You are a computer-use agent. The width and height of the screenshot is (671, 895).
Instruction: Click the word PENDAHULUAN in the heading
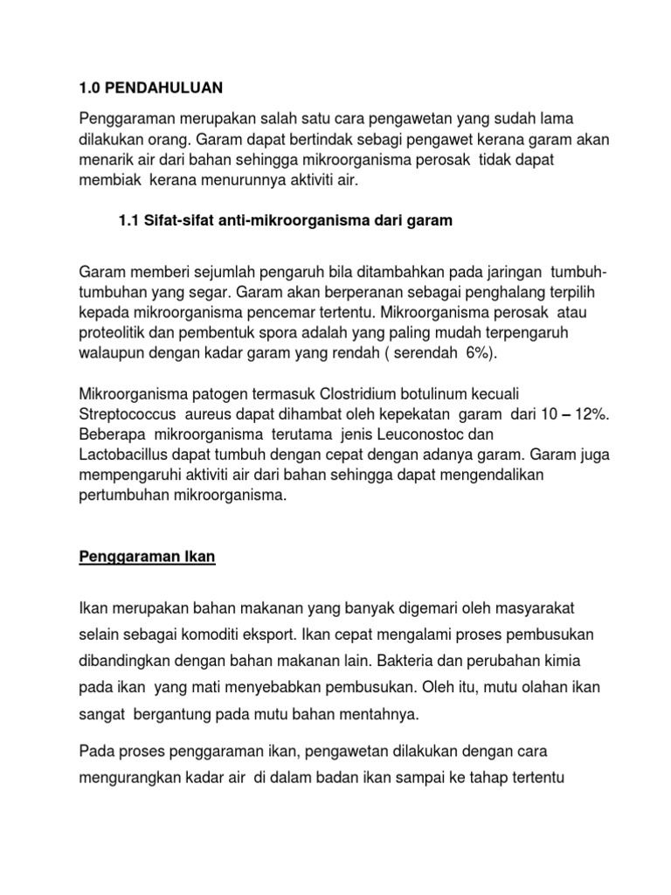click(x=163, y=87)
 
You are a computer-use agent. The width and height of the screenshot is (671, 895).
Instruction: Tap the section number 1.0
click(x=91, y=87)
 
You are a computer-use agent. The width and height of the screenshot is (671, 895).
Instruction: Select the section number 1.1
click(x=129, y=221)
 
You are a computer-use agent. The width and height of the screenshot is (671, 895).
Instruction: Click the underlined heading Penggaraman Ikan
click(x=147, y=558)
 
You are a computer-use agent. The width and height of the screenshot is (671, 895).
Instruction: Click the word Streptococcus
click(x=125, y=415)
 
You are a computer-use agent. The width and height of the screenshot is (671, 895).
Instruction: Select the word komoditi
click(x=238, y=632)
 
